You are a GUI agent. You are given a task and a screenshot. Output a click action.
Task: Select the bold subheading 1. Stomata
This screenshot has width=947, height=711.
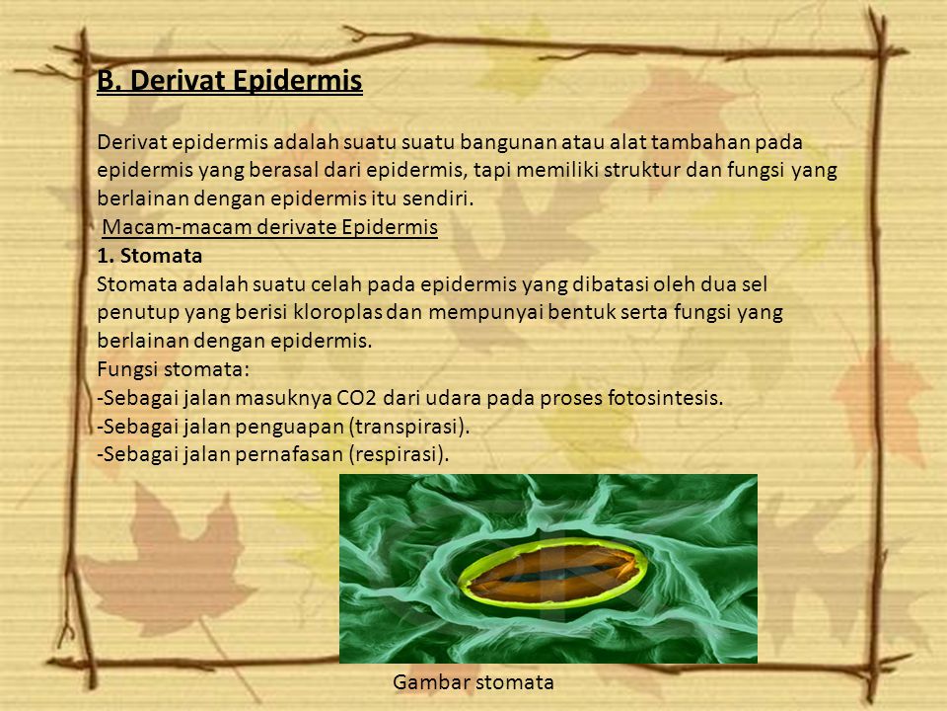[x=150, y=256]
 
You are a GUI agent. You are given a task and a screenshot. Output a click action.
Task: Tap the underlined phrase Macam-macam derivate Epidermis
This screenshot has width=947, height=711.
[x=270, y=227]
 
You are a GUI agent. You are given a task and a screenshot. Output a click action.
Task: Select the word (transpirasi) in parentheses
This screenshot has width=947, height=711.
[x=408, y=427]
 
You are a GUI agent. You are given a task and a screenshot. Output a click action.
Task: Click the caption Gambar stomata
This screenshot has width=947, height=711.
[x=473, y=682]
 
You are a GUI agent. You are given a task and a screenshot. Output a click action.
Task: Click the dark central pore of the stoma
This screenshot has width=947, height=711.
[x=552, y=573]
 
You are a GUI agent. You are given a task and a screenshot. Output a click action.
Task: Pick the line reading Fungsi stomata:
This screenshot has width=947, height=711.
[x=174, y=369]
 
